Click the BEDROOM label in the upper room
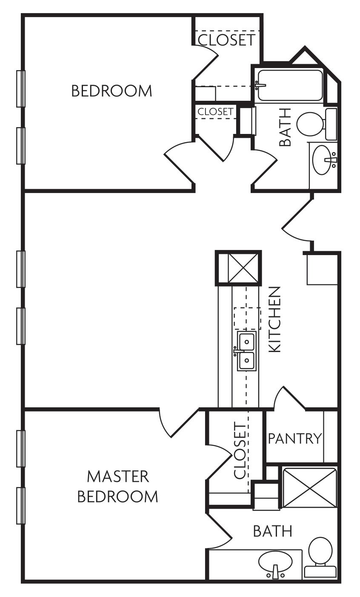pos(111,91)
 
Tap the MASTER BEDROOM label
pos(118,486)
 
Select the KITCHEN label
pos(275,319)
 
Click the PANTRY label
pos(294,438)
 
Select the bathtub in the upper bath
pos(290,85)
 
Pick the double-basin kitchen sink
pos(247,351)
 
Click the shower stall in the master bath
pos(309,487)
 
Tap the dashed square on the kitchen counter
pos(247,318)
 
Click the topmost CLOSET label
pos(227,40)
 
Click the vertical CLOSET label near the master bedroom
pos(240,451)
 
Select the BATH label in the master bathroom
pos(273,531)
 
